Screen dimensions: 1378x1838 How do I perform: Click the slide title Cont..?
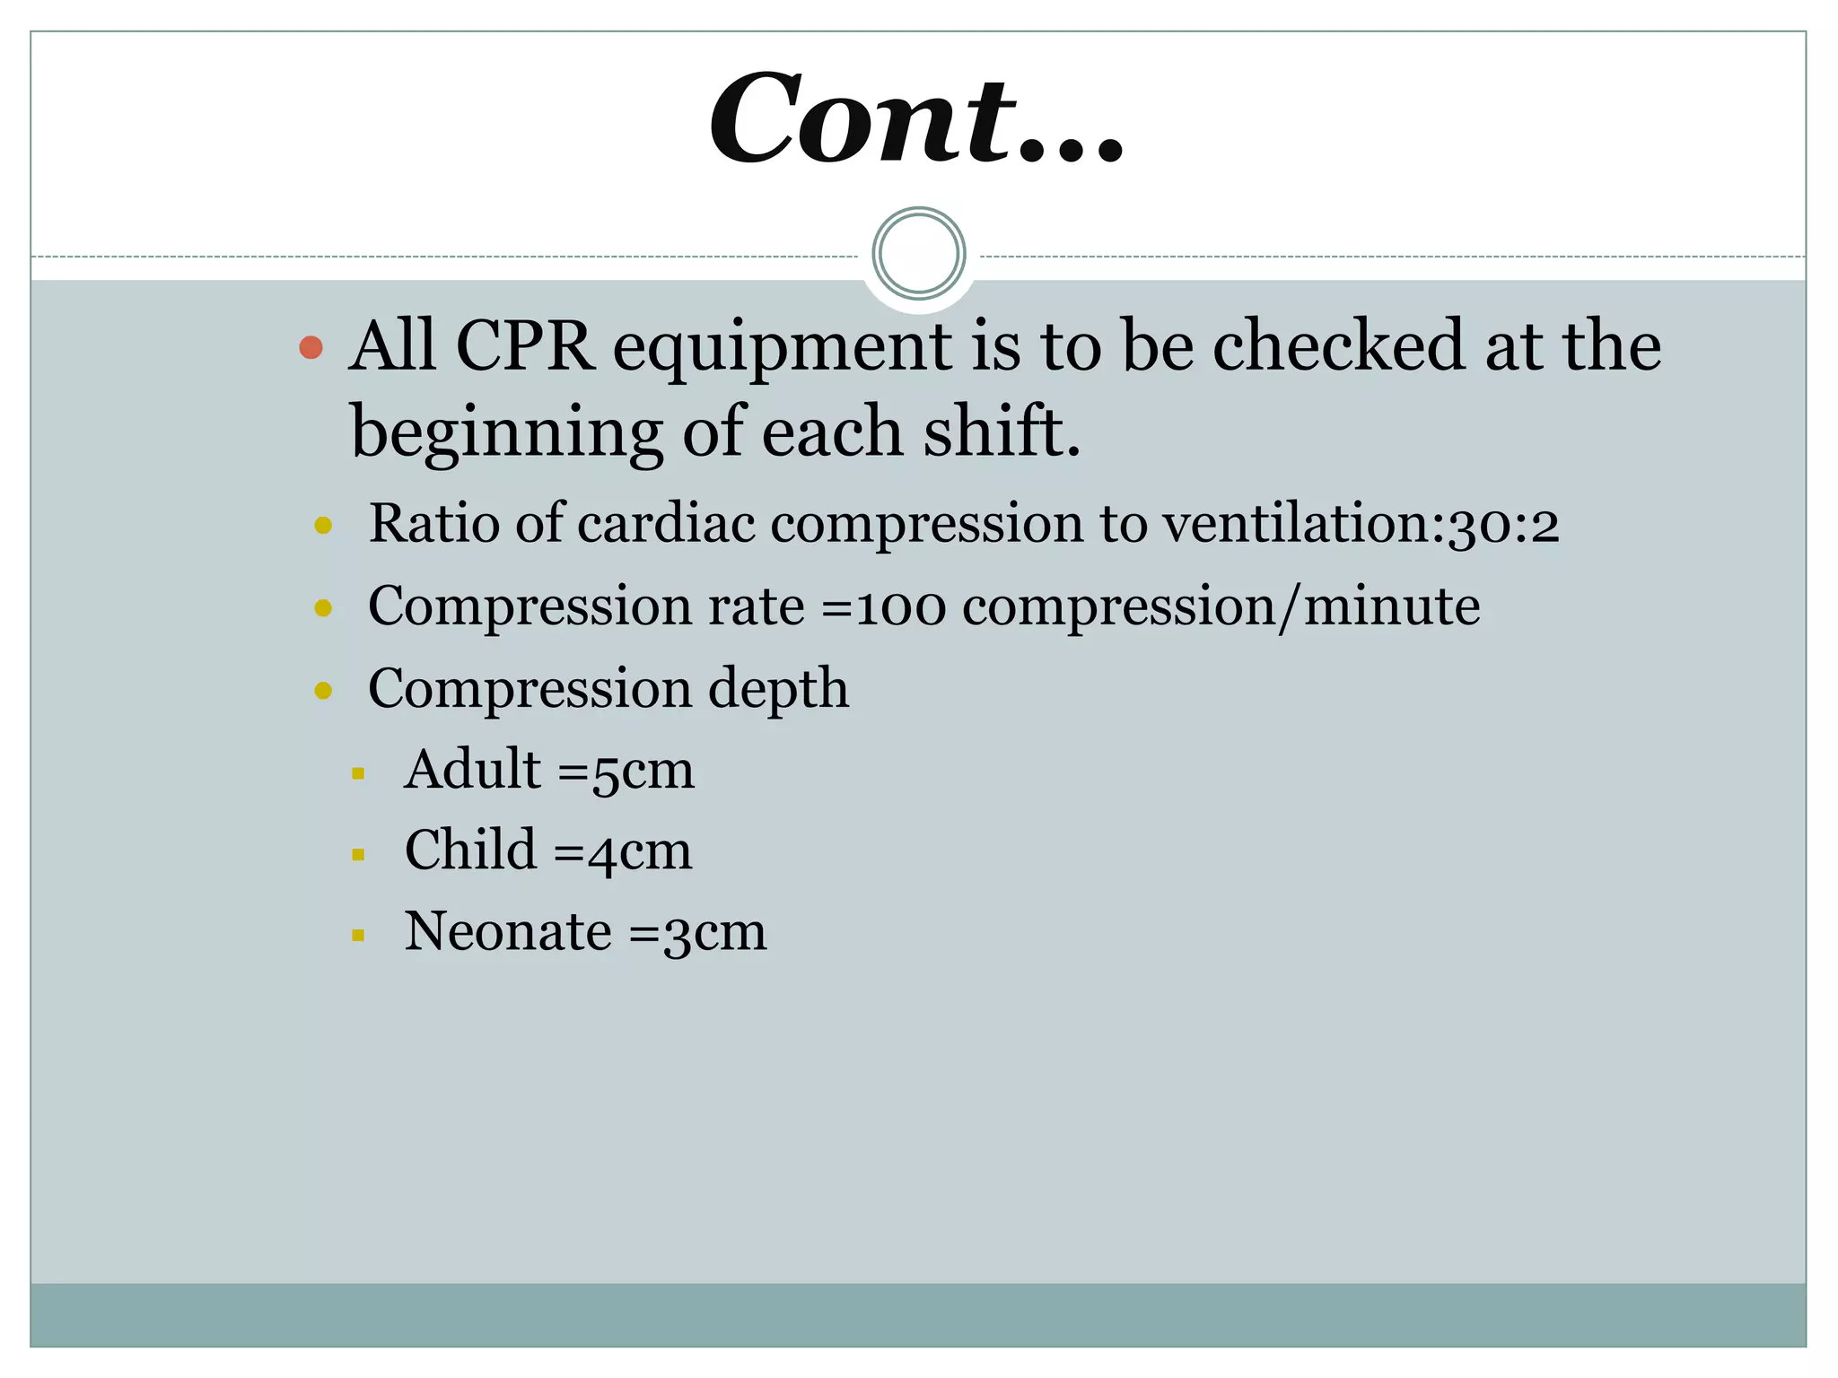[915, 119]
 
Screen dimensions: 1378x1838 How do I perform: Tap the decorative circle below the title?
[918, 254]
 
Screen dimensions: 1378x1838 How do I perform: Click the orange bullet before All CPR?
[311, 348]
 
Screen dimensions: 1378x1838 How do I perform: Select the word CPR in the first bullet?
[525, 346]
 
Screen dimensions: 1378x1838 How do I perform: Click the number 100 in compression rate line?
[900, 607]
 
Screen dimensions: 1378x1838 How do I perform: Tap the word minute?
[1391, 606]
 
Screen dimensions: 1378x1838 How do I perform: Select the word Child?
[470, 850]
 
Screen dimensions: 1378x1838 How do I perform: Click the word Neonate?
[508, 932]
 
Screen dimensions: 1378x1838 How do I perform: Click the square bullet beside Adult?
[358, 773]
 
